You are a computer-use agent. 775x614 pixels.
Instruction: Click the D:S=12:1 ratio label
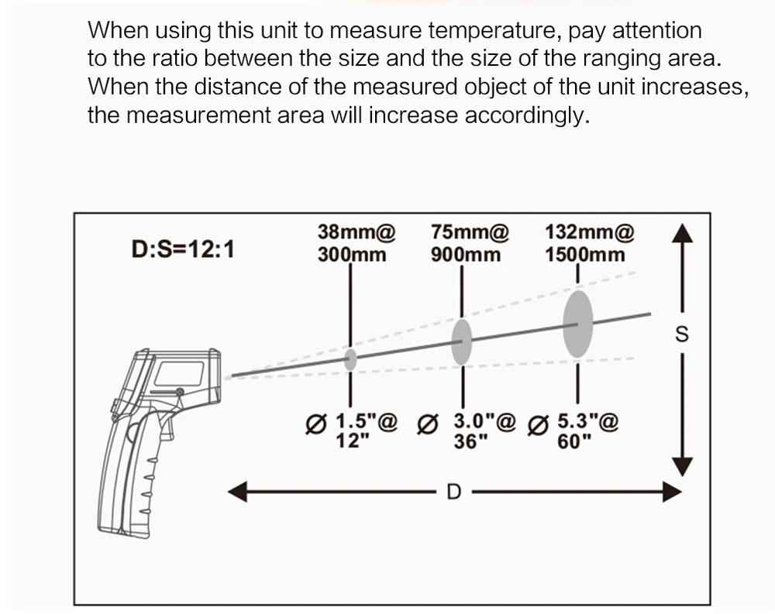click(182, 249)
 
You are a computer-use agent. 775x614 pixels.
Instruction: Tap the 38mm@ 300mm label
click(356, 243)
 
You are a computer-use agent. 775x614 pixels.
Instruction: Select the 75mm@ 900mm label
click(469, 243)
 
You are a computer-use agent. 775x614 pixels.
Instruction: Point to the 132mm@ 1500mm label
click(589, 243)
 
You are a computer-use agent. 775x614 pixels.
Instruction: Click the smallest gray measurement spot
click(350, 359)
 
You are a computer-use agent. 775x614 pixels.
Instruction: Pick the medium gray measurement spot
click(462, 341)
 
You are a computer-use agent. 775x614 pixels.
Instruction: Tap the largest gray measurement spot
click(578, 324)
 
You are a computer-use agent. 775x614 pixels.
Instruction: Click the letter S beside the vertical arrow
click(681, 334)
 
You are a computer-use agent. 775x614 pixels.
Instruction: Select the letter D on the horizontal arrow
click(453, 492)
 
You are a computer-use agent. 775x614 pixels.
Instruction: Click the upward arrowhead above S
click(682, 233)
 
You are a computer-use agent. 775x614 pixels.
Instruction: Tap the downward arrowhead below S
click(682, 467)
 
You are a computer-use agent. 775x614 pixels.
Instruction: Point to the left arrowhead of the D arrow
click(238, 492)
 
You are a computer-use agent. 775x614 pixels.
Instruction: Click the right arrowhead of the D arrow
click(672, 492)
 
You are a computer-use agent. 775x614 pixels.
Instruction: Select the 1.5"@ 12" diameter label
click(351, 430)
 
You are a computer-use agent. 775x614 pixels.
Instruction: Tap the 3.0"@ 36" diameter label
click(467, 430)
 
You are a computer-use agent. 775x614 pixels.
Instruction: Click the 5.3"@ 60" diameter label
click(573, 430)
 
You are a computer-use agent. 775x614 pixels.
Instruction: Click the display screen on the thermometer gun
click(180, 374)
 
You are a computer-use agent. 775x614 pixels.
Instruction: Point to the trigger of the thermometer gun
click(167, 427)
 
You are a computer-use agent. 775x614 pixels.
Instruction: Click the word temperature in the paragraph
click(494, 31)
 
